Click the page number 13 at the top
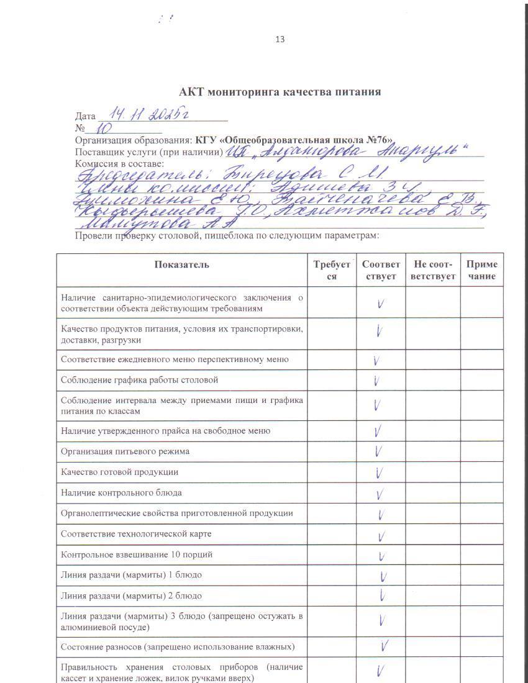coord(280,39)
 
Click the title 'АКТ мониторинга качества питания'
coord(280,92)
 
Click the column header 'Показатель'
coord(182,265)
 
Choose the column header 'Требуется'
coord(332,270)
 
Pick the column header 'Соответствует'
coord(381,270)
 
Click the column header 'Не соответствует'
coord(433,270)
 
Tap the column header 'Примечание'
coord(482,270)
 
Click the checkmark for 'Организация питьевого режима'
coord(378,451)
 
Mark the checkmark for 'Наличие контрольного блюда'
coord(380,494)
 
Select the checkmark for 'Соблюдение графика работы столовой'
coord(376,380)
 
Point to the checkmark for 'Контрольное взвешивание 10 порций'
coord(381,556)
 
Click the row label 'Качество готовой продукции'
coord(119,472)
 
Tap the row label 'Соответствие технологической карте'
coord(136,534)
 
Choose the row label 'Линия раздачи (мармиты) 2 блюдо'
coord(131,595)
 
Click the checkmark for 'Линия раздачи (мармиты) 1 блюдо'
coord(383,576)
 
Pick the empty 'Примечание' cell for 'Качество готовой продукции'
coord(481,472)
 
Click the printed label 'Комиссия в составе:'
coord(119,163)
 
